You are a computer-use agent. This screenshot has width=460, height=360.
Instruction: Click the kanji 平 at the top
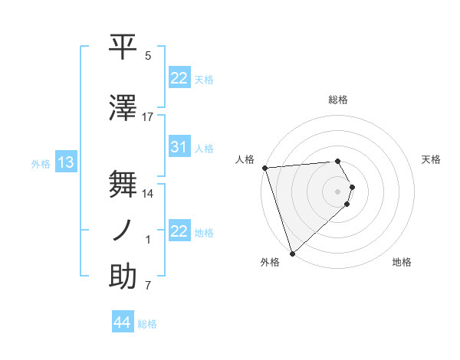(x=123, y=46)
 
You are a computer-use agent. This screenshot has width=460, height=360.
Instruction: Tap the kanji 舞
(x=123, y=184)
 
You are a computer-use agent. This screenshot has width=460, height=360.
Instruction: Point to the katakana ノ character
(x=123, y=231)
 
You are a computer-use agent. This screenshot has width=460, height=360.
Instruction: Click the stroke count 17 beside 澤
(x=148, y=117)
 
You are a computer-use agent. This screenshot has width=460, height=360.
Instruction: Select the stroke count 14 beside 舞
(x=148, y=194)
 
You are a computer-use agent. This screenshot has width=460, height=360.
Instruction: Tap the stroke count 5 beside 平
(x=148, y=56)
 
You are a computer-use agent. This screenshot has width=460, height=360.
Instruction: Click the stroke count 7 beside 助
(x=148, y=286)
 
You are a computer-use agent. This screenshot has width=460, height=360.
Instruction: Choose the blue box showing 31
(x=179, y=148)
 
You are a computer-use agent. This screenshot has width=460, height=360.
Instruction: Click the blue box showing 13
(x=65, y=162)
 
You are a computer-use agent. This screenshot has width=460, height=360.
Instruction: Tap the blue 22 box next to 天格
(x=179, y=78)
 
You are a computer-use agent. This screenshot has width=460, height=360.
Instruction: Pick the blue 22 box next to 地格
(x=179, y=231)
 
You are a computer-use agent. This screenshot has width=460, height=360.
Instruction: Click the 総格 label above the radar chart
(x=338, y=100)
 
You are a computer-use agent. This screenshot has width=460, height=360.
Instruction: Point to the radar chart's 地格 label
(x=402, y=263)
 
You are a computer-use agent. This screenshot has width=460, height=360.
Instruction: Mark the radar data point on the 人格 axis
(x=264, y=168)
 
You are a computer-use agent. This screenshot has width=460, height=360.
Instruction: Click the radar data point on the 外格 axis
(x=292, y=252)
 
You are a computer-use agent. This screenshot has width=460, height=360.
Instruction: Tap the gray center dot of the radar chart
(x=338, y=190)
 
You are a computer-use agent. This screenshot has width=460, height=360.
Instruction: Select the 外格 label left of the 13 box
(x=41, y=163)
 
